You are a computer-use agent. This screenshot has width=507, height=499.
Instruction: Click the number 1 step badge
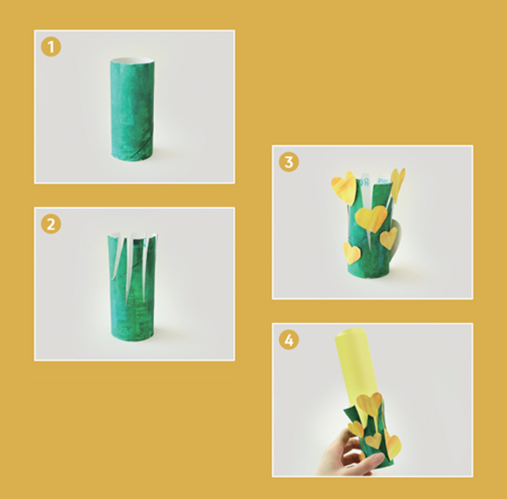click(x=51, y=47)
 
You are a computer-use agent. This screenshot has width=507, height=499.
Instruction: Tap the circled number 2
click(x=51, y=224)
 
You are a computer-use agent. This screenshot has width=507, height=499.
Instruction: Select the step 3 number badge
click(x=289, y=162)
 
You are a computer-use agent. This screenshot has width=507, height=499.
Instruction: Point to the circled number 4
click(x=289, y=339)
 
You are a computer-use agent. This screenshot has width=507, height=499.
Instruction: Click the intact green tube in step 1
click(x=133, y=109)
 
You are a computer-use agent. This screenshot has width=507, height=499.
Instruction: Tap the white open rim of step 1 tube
click(x=132, y=60)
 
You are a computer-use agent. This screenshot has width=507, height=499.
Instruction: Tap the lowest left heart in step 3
click(x=351, y=253)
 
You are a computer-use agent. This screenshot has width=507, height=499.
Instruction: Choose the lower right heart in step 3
click(x=388, y=238)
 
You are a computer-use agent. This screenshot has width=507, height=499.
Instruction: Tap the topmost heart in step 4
click(x=369, y=405)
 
